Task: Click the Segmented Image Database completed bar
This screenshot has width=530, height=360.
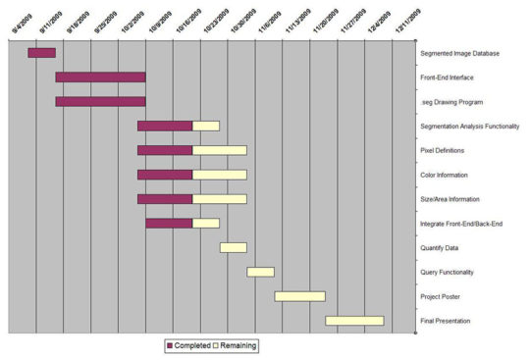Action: tap(41, 53)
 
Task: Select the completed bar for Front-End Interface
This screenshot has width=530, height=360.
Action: tap(100, 77)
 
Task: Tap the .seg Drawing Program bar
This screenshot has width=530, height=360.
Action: tap(100, 101)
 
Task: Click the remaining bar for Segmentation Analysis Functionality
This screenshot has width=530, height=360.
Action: tap(206, 126)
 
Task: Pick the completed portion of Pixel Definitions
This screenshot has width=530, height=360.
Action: tap(165, 150)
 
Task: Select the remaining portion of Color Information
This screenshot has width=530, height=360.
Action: tap(220, 175)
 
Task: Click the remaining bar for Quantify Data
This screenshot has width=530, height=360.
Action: tap(234, 247)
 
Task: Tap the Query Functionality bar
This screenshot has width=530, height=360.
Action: tap(260, 272)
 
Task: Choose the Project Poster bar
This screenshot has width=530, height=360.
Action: tap(299, 296)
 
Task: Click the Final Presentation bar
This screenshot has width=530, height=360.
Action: tap(354, 321)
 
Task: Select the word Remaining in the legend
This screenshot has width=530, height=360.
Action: tap(238, 345)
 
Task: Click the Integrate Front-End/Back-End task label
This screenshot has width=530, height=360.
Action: tap(462, 224)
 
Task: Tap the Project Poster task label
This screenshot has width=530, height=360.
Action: tap(442, 296)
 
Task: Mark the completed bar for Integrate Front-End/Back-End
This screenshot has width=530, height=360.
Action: tap(169, 223)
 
